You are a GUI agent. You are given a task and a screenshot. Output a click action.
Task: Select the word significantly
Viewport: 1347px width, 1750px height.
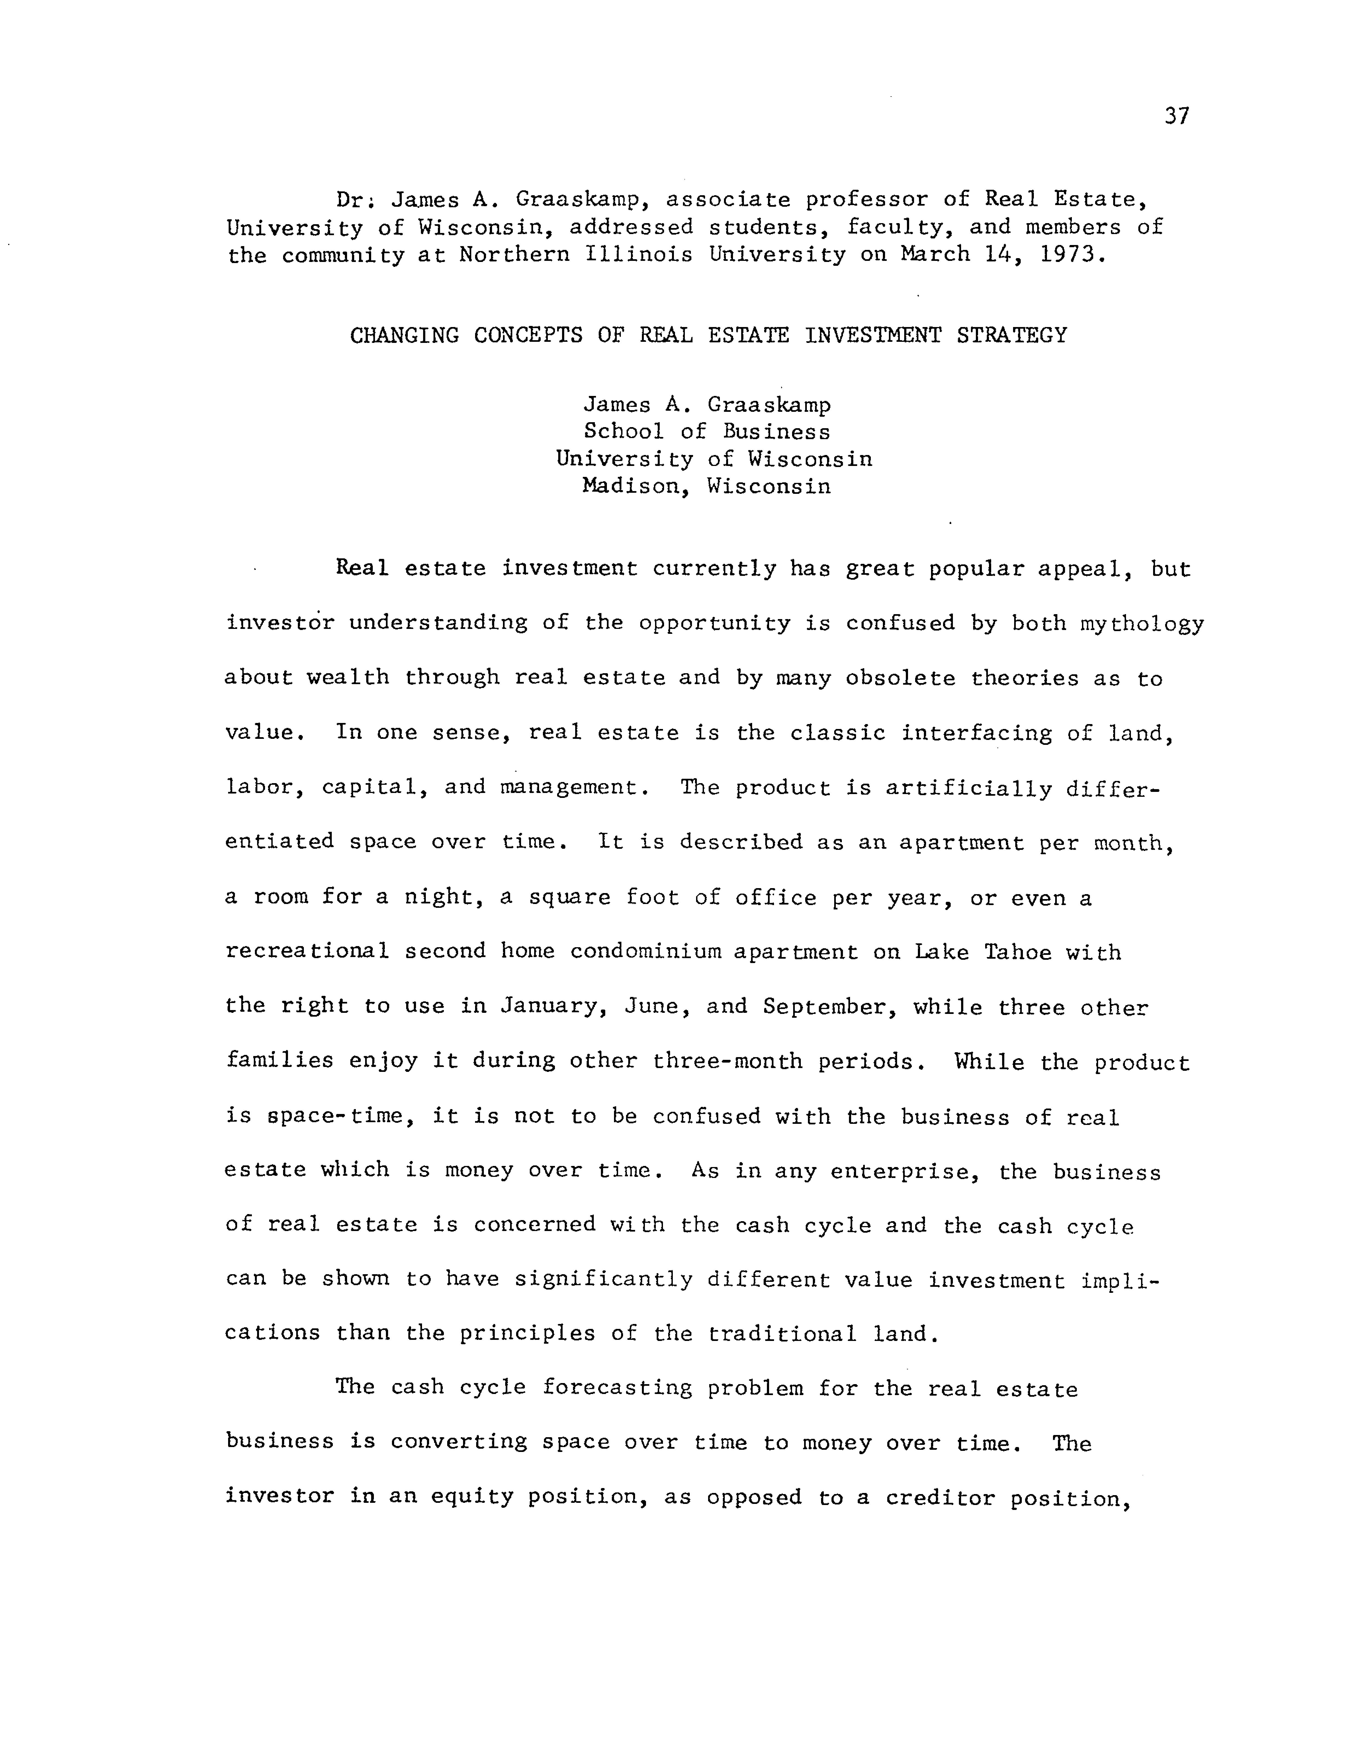(x=603, y=1280)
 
